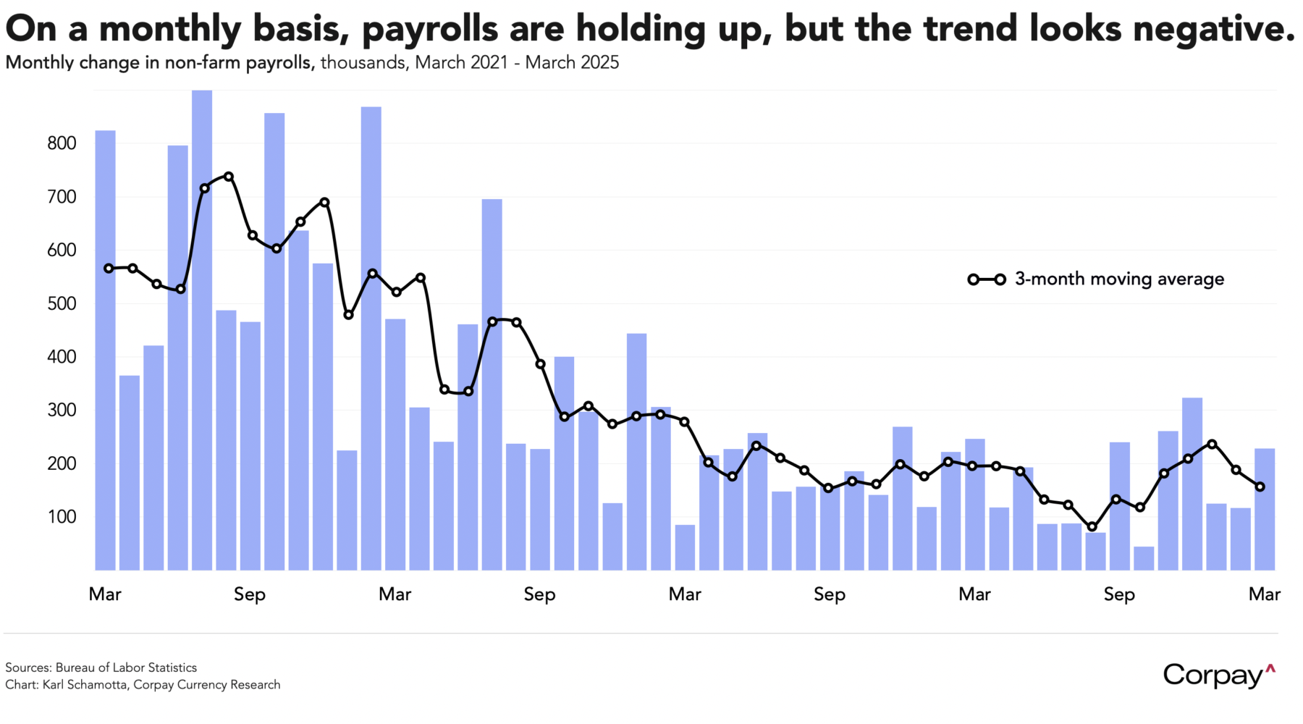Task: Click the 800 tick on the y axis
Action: tap(62, 143)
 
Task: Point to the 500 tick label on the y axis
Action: tap(62, 303)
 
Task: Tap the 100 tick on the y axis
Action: tap(62, 517)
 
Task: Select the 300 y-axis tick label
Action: tap(62, 411)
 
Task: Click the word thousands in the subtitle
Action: tap(363, 63)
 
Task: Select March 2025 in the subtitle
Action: tap(572, 63)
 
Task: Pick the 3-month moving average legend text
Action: tap(1119, 279)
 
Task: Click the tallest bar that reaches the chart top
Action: tap(202, 329)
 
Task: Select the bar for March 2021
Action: tap(106, 350)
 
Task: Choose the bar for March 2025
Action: tap(1265, 509)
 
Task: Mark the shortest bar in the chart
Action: tap(1144, 558)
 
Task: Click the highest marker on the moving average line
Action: tap(229, 176)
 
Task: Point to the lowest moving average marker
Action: tap(1092, 527)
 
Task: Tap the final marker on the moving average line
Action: tap(1260, 487)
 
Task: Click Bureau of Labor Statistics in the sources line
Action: tap(126, 668)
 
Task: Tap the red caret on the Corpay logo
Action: tap(1270, 668)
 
